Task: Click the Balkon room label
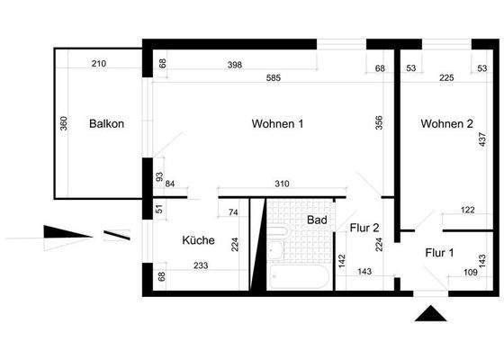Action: (106, 124)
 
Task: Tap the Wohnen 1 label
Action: (277, 124)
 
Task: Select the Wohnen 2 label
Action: (446, 124)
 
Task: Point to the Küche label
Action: (198, 240)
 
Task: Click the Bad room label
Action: (317, 220)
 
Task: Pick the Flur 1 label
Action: (439, 253)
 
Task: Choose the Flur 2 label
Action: (364, 228)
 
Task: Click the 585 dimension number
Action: (274, 78)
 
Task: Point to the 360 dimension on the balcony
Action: (64, 123)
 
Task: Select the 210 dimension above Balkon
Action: (100, 64)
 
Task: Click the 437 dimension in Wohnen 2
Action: (482, 139)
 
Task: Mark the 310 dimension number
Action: (282, 184)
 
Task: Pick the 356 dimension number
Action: (380, 122)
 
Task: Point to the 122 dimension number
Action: (467, 210)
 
